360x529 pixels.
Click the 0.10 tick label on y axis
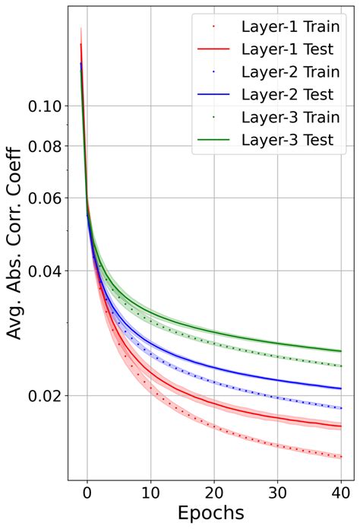pos(44,106)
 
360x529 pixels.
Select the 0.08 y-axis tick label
pos(44,146)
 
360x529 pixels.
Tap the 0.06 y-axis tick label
pos(44,198)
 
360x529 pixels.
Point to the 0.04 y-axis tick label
pos(44,271)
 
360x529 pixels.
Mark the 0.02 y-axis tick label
pos(44,395)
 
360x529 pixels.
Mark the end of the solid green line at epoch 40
pos(342,351)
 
